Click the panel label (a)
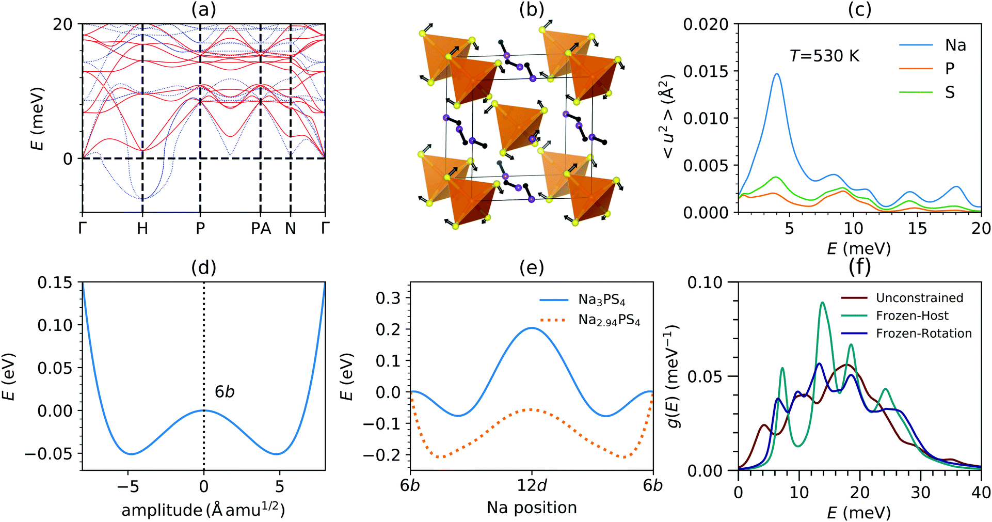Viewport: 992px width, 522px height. pos(203,9)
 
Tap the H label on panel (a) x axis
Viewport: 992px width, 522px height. pos(142,229)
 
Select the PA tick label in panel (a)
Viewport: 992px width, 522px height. pos(261,229)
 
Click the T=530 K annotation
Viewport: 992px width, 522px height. pos(824,56)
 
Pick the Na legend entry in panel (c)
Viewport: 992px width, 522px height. pos(955,45)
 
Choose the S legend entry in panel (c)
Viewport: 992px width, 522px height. pos(949,93)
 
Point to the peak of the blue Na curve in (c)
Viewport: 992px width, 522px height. pos(776,74)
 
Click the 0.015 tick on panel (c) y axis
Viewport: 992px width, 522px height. pos(706,71)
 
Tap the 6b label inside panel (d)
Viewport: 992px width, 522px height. pos(225,392)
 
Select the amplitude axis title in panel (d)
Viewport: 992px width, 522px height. pos(203,510)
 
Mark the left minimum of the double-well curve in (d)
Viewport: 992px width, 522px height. pos(131,454)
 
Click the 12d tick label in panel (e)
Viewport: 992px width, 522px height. pos(532,486)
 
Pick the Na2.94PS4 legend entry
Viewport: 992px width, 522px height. pos(609,321)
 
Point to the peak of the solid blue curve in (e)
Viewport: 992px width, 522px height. pos(532,328)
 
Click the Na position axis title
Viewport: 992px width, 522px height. pos(532,508)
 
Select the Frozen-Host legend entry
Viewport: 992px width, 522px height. pos(912,316)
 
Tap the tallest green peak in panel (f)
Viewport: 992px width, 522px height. pos(822,303)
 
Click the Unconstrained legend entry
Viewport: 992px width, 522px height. pos(919,298)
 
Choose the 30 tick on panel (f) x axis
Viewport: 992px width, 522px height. pos(920,493)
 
